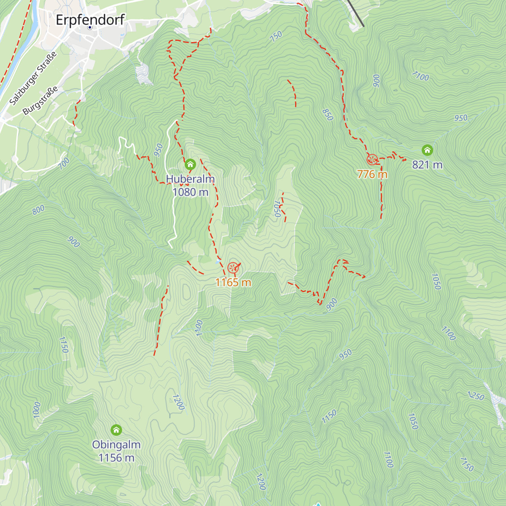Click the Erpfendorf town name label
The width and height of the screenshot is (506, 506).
(90, 19)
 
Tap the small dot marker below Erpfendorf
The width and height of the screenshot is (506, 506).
(90, 27)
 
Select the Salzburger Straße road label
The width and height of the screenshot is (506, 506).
(33, 79)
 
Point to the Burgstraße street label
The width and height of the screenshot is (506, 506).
(40, 101)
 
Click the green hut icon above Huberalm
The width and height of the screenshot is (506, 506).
(190, 164)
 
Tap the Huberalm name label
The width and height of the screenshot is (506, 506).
(190, 179)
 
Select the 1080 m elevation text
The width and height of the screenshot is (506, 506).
(190, 192)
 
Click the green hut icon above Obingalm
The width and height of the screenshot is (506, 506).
(116, 430)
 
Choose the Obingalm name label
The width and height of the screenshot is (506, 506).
(116, 445)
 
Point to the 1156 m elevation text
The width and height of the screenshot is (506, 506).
(116, 458)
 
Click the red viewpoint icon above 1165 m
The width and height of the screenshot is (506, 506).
(232, 268)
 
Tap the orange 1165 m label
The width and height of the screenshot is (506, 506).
(233, 283)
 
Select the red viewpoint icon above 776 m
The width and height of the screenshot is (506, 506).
(372, 159)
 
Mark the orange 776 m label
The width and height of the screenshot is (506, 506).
(372, 174)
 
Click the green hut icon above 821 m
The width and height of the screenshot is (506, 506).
(427, 150)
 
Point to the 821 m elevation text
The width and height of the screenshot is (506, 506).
(427, 165)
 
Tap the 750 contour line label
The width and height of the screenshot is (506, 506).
(276, 37)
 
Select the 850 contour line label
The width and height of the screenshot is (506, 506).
(327, 114)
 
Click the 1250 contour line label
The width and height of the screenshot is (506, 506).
(476, 396)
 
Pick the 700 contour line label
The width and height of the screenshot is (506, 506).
(64, 163)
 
